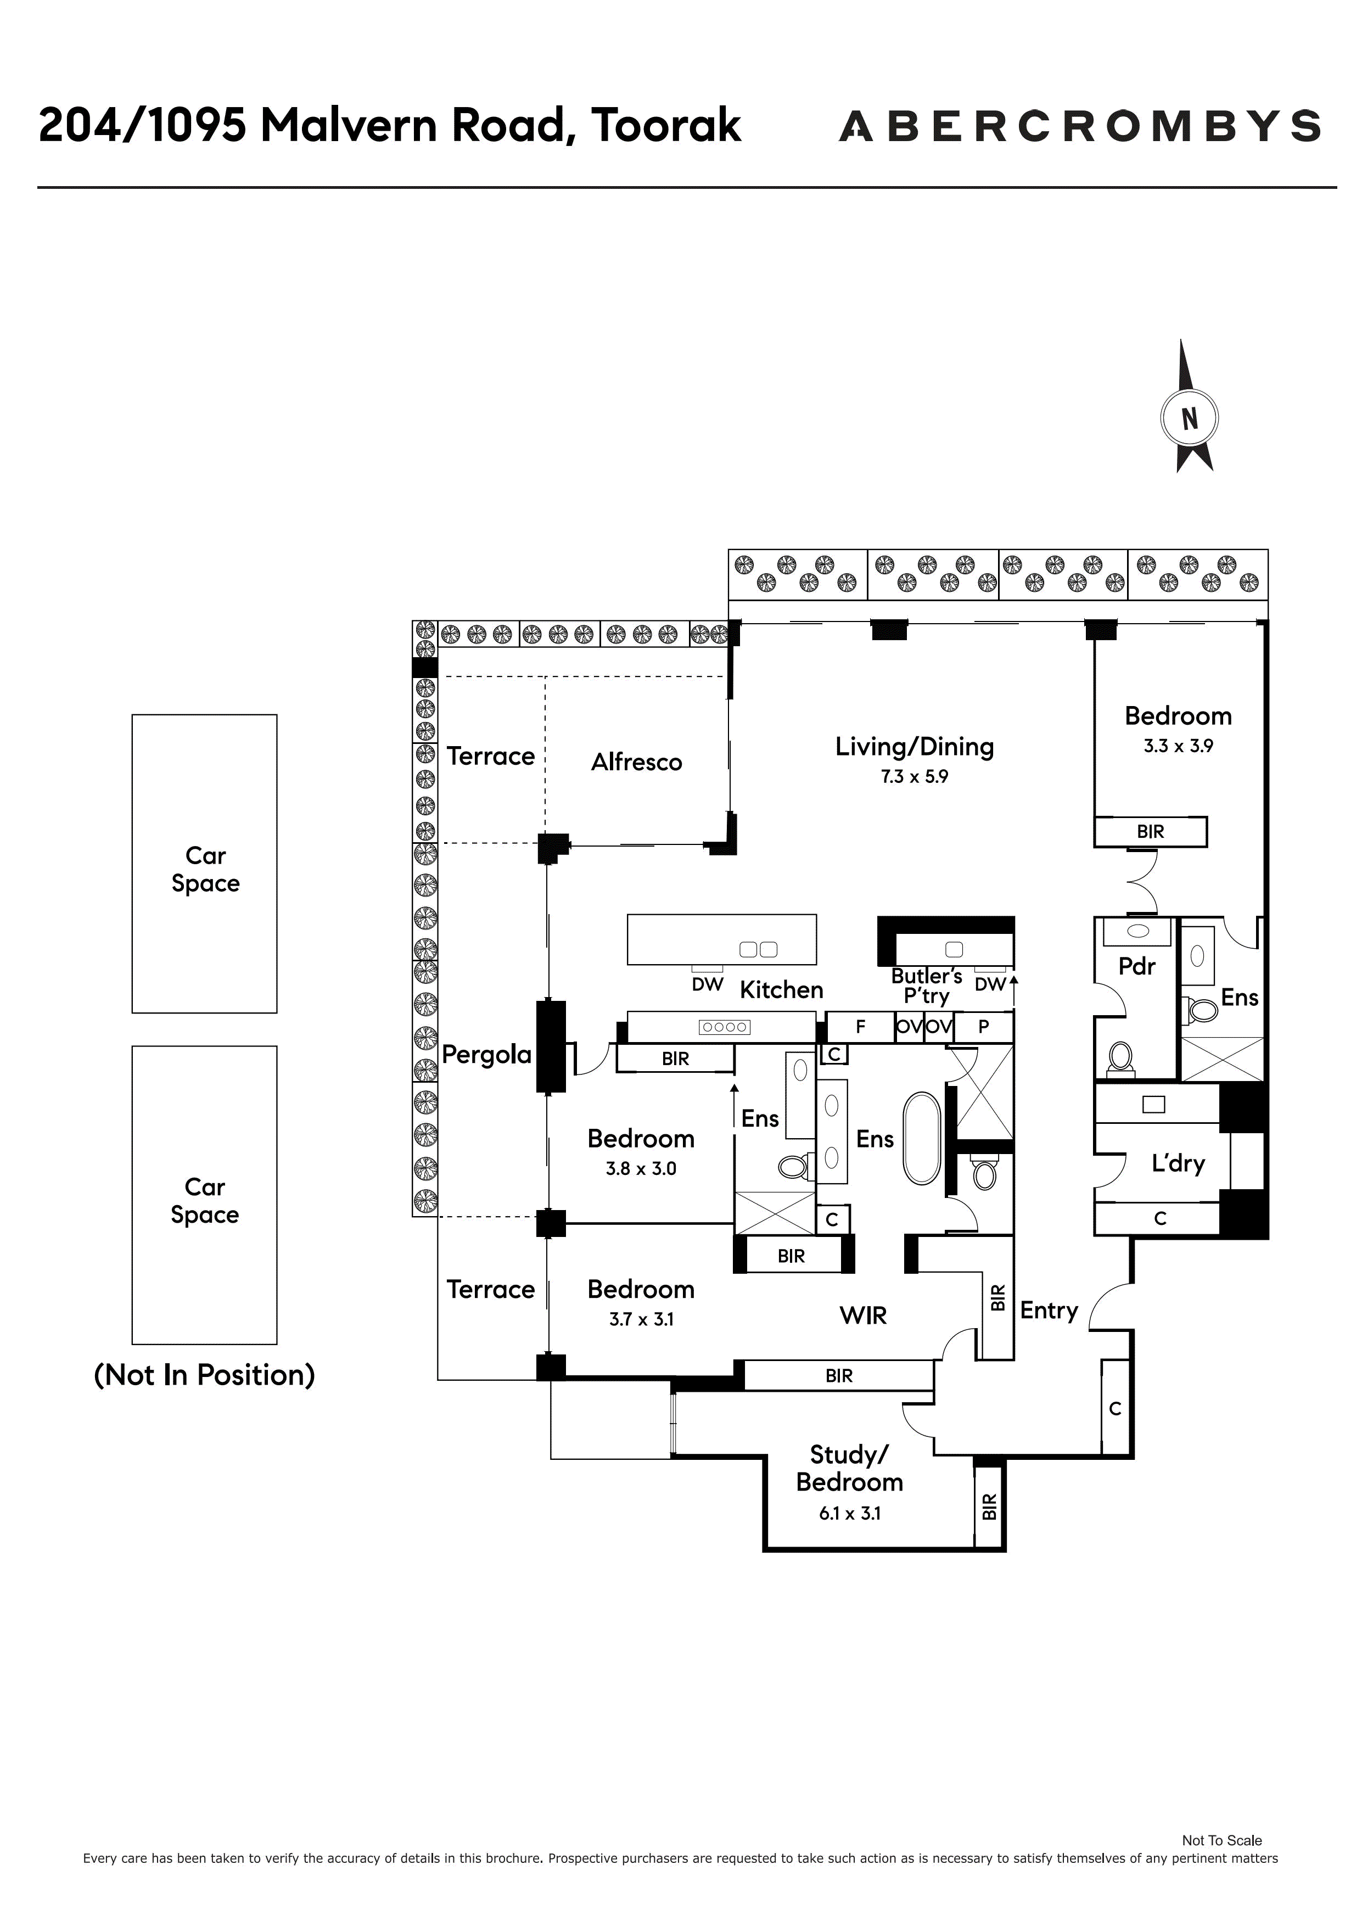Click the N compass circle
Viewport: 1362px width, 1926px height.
click(1189, 418)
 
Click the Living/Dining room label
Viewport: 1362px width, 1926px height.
click(914, 747)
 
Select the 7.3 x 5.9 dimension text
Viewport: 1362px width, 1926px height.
click(914, 777)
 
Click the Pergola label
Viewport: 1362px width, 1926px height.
click(486, 1055)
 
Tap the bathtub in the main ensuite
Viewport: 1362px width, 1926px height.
click(922, 1138)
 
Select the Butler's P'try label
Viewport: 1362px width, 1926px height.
click(926, 986)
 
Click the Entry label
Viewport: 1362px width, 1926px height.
click(1049, 1311)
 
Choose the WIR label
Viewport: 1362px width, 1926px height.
click(863, 1315)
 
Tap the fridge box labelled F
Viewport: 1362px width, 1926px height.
click(860, 1027)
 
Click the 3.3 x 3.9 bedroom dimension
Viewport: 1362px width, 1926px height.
click(1178, 746)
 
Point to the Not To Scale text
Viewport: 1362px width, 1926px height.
click(1222, 1840)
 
